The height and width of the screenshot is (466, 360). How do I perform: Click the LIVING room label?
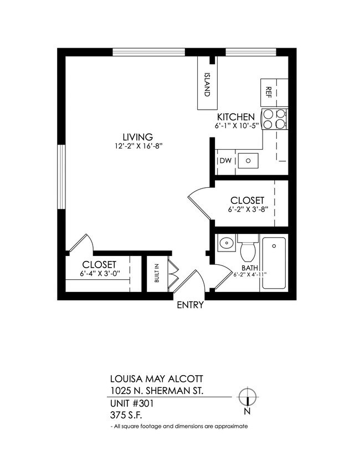click(137, 137)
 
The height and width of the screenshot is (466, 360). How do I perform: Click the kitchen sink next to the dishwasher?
click(249, 161)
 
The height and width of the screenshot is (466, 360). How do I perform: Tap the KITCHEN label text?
click(235, 117)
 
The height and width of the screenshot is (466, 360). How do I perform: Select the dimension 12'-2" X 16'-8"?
click(138, 147)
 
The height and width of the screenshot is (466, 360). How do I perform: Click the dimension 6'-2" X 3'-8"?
click(246, 210)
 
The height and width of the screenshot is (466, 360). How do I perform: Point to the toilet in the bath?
click(248, 248)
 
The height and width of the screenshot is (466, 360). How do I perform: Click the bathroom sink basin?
click(225, 243)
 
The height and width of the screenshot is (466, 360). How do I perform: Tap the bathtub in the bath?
click(274, 263)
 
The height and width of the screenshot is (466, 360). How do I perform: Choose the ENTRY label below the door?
click(190, 305)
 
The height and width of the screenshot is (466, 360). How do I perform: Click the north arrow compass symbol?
click(247, 397)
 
